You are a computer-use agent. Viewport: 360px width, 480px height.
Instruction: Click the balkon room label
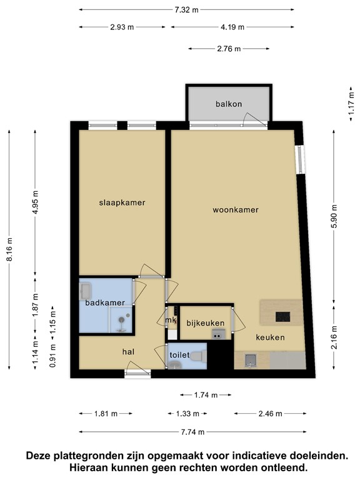[229, 104]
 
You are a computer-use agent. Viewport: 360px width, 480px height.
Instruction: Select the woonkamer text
[235, 210]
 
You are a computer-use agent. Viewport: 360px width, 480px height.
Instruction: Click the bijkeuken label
[206, 322]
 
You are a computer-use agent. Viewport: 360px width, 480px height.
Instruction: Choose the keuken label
[270, 337]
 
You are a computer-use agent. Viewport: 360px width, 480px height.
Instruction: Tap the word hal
[128, 352]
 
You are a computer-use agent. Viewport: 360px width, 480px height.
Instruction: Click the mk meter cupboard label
[171, 321]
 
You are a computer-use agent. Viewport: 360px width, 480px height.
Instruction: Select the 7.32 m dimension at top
[186, 9]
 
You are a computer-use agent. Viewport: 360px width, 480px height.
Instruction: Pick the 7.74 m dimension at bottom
[192, 432]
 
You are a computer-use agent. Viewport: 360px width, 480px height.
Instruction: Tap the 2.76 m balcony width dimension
[229, 48]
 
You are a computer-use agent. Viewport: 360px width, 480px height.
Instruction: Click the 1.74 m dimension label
[206, 395]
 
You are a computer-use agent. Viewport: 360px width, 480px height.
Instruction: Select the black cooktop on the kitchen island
[283, 317]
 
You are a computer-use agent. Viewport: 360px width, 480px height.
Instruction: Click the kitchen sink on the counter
[251, 359]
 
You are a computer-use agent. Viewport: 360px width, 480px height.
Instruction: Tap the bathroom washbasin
[86, 291]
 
